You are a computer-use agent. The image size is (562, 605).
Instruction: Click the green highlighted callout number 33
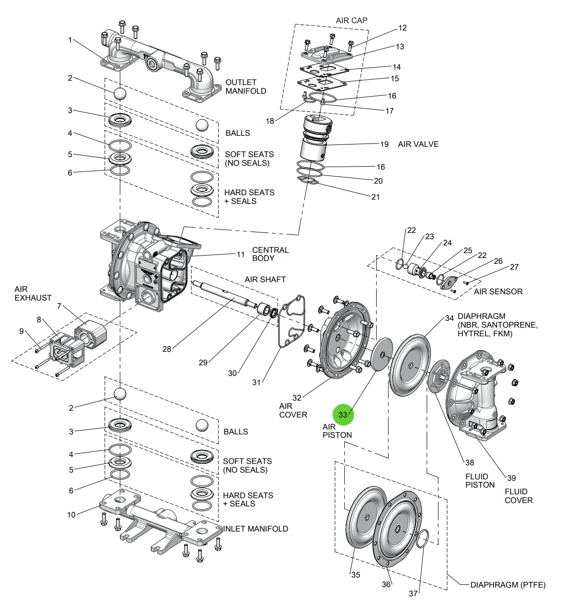coord(343,415)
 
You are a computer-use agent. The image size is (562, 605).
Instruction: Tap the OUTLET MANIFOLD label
coord(246,86)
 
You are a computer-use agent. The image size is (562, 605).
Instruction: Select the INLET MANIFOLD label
coord(255,529)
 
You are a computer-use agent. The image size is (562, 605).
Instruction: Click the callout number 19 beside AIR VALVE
coord(384,144)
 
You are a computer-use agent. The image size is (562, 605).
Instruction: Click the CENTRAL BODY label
coord(270,254)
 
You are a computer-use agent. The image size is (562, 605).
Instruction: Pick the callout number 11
coord(240,254)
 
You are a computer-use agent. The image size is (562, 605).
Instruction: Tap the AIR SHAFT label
coord(265,279)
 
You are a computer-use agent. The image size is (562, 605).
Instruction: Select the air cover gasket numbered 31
coord(292,321)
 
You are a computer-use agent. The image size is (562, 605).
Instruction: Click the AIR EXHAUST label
coord(32,293)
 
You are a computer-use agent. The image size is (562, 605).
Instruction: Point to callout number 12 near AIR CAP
coord(402,28)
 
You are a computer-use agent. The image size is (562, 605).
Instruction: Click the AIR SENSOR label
coord(498,291)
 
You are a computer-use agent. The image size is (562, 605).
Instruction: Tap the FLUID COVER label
coord(518,496)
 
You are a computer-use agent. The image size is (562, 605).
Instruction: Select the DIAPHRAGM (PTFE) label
coord(508,585)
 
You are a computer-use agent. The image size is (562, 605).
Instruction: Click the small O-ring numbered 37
coord(422,538)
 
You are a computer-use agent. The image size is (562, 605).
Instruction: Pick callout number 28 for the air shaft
coord(167,349)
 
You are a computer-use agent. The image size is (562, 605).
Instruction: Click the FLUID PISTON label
coord(480,481)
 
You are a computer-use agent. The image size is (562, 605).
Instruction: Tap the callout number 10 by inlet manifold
coord(72,515)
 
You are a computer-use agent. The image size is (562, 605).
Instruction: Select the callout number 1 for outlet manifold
coord(70,40)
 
